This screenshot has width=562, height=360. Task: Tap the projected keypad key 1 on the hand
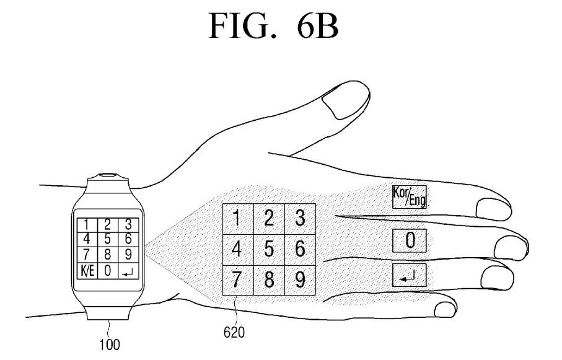coord(237,219)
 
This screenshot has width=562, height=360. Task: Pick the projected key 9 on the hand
coord(300,280)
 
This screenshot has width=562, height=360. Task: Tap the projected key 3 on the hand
coord(300,219)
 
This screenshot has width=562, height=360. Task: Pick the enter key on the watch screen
coord(128,271)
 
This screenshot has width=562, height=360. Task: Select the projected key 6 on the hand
coord(300,250)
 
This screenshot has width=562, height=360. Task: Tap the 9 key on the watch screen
coord(128,254)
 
